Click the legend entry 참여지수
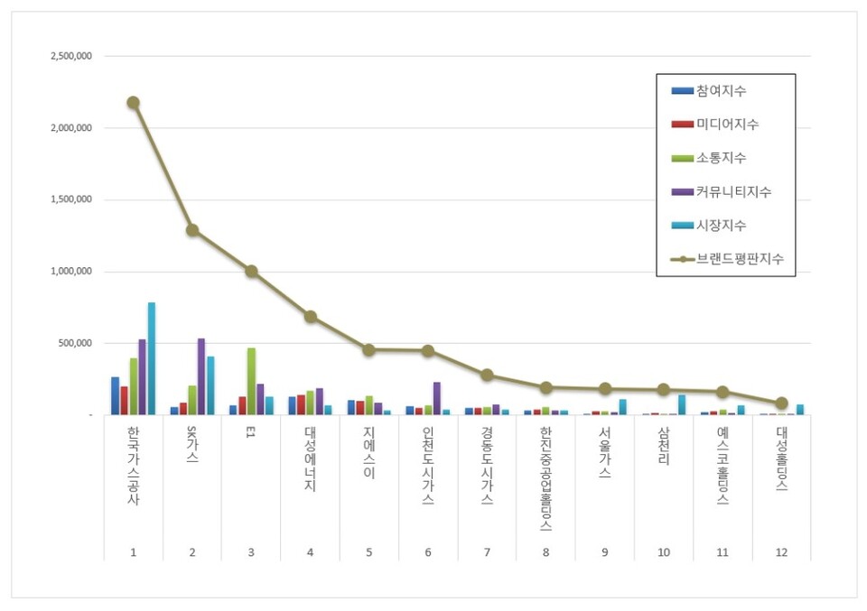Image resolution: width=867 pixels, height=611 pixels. click(x=721, y=91)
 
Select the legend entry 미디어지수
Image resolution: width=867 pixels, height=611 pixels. click(x=727, y=125)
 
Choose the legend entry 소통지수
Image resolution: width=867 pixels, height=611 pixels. click(x=721, y=158)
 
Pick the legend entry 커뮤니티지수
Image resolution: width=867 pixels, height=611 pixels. click(x=733, y=191)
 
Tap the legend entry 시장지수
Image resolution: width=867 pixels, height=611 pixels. click(x=721, y=225)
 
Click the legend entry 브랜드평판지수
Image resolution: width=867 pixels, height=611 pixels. click(x=739, y=259)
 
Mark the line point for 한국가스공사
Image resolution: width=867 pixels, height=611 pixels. click(x=133, y=103)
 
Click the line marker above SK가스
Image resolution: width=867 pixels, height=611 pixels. click(x=192, y=230)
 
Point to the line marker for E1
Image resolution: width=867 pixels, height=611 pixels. click(x=251, y=271)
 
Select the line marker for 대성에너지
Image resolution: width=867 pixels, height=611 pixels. click(x=310, y=317)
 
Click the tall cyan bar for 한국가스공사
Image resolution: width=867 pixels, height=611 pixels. click(x=152, y=359)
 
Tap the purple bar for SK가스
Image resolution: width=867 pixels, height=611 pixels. click(x=201, y=377)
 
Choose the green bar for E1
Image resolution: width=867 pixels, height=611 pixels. click(x=251, y=382)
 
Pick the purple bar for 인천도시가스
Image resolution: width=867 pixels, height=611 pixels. click(x=437, y=399)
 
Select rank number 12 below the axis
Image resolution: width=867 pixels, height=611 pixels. click(x=781, y=552)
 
